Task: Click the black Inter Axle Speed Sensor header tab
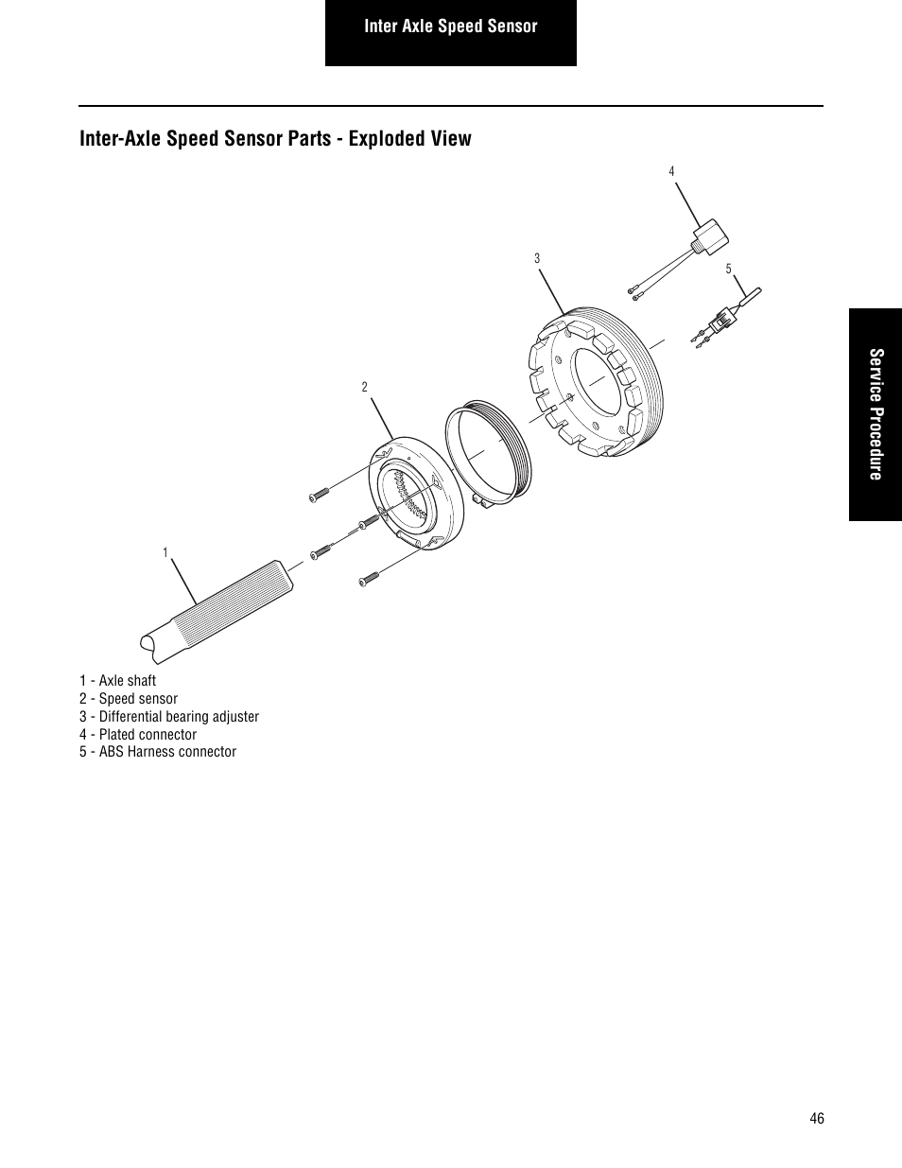tap(451, 27)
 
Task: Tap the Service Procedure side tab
tap(876, 414)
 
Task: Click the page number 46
tap(817, 1118)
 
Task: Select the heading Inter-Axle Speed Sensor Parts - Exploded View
tap(275, 139)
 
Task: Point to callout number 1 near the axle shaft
tap(165, 552)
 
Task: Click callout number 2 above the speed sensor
tap(364, 387)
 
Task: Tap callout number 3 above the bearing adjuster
tap(536, 258)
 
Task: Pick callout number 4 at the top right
tap(671, 171)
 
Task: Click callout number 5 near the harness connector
tap(729, 270)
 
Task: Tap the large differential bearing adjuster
tap(596, 378)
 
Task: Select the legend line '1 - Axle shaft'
tap(118, 681)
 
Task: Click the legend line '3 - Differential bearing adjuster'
tap(169, 717)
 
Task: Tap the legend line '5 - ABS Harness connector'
tap(158, 752)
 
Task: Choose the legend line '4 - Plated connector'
tap(138, 735)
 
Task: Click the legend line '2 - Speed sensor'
tap(129, 699)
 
